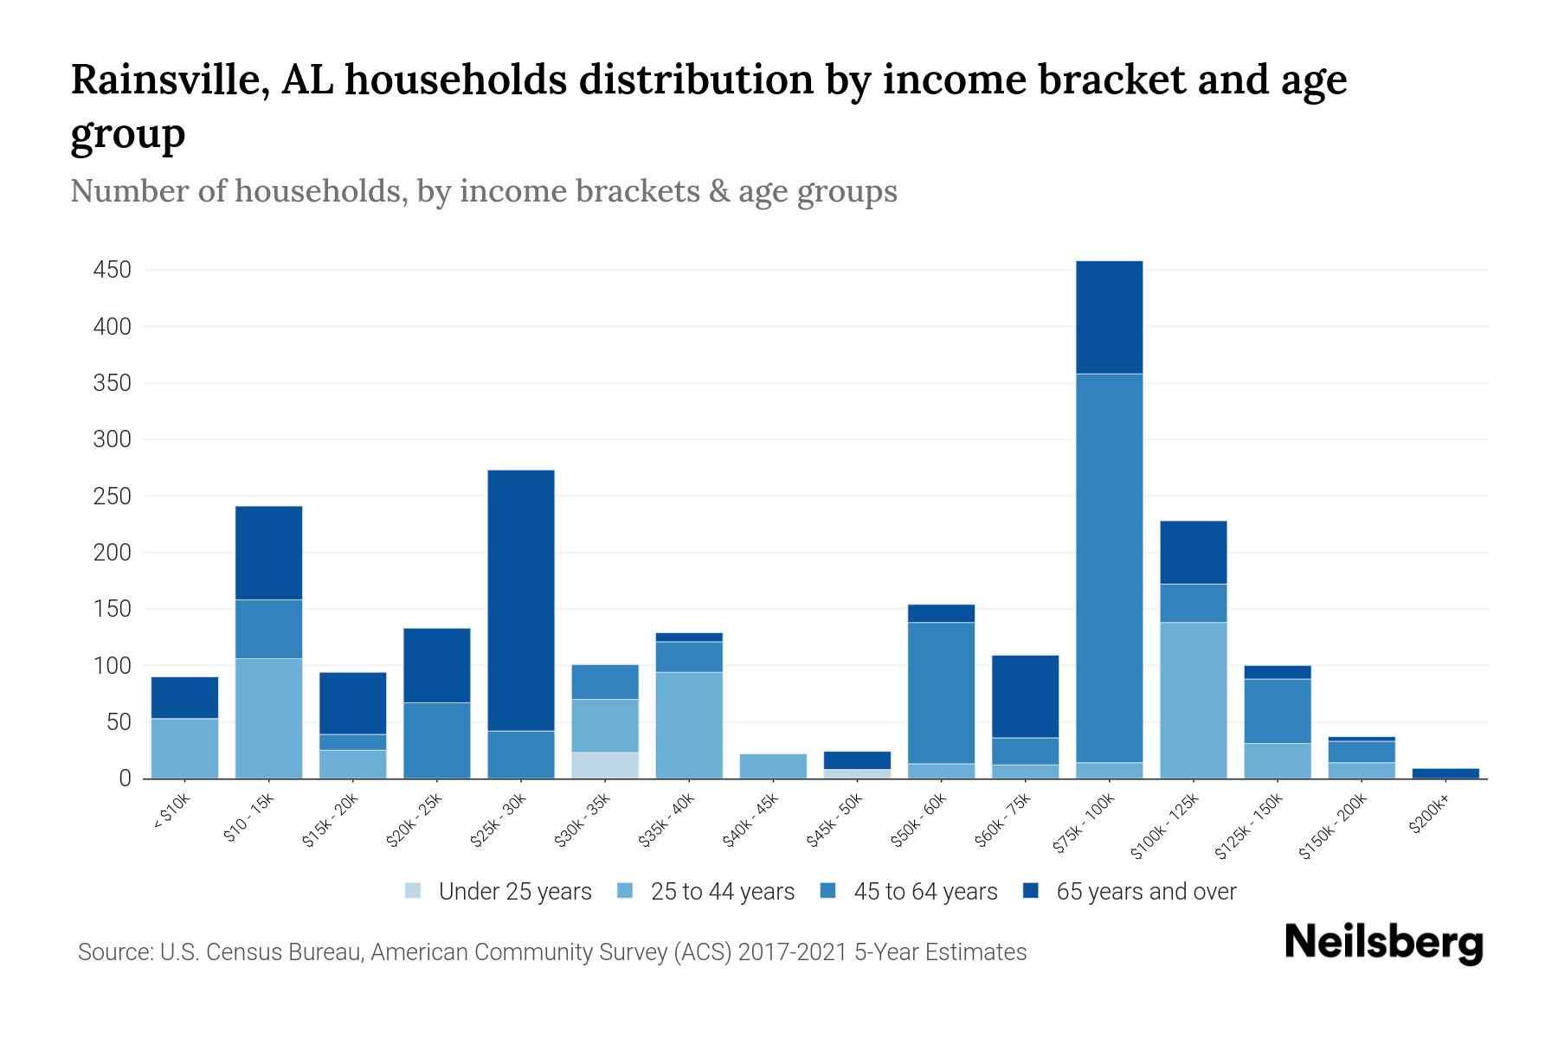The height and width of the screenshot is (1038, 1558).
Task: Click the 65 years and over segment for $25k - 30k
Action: (x=521, y=600)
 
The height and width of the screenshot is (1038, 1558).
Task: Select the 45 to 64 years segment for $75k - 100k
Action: (x=1109, y=567)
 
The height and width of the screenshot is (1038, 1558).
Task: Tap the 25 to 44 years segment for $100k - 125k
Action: (x=1193, y=700)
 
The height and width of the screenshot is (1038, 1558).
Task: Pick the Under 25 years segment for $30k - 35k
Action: (x=605, y=766)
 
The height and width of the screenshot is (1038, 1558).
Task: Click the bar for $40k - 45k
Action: (x=773, y=766)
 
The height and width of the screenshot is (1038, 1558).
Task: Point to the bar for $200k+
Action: (x=1445, y=773)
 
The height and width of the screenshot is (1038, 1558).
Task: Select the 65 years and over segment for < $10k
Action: (x=184, y=697)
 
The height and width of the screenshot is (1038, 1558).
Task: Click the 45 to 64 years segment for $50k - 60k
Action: (x=941, y=693)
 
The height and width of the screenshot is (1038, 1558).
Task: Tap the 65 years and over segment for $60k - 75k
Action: (x=1025, y=696)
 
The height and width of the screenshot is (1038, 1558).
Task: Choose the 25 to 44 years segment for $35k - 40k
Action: (x=689, y=725)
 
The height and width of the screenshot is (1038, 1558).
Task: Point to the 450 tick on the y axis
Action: (x=112, y=270)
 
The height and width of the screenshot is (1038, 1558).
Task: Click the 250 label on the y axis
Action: (x=112, y=497)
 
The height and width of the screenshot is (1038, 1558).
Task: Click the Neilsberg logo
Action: (x=1383, y=943)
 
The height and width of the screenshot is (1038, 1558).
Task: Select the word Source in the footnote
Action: (x=113, y=952)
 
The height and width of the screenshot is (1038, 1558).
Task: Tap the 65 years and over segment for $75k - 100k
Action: (x=1109, y=317)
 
